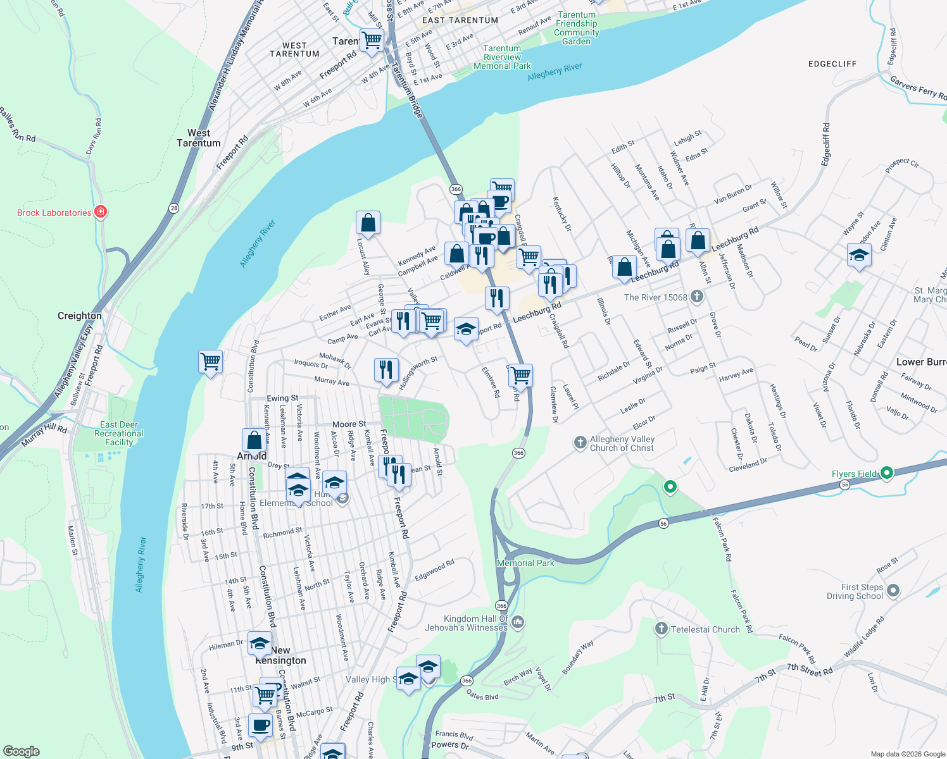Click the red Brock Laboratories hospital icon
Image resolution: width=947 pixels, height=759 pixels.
[x=101, y=212]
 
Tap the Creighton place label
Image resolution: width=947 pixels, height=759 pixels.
[x=79, y=316]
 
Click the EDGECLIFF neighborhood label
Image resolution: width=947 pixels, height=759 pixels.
[x=832, y=64]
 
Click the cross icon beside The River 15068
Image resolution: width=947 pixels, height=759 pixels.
[x=696, y=296]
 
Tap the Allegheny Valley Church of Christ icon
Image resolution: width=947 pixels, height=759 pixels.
[x=580, y=442]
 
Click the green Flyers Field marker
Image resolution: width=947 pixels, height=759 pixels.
[x=887, y=472]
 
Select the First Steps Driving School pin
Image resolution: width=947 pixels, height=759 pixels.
[x=893, y=591]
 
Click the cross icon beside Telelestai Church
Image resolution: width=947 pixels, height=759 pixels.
[x=661, y=628]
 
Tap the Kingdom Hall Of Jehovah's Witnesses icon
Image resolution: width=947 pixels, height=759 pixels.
[x=518, y=622]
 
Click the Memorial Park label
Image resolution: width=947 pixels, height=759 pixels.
[x=525, y=563]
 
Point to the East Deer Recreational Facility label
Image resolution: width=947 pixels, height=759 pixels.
[x=119, y=434]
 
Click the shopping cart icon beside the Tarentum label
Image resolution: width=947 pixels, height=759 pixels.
[x=372, y=40]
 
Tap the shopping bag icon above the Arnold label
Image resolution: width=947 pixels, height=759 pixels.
[x=254, y=440]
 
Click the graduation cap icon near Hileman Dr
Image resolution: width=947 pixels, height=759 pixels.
[x=260, y=643]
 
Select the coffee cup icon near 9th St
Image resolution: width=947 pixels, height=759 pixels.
[x=260, y=725]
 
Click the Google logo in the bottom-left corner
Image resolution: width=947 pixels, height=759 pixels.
[x=21, y=751]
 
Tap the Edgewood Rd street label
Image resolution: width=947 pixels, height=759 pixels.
[x=434, y=571]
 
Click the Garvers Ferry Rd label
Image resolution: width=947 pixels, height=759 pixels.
[x=918, y=88]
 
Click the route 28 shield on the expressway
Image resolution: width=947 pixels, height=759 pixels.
[x=173, y=207]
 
